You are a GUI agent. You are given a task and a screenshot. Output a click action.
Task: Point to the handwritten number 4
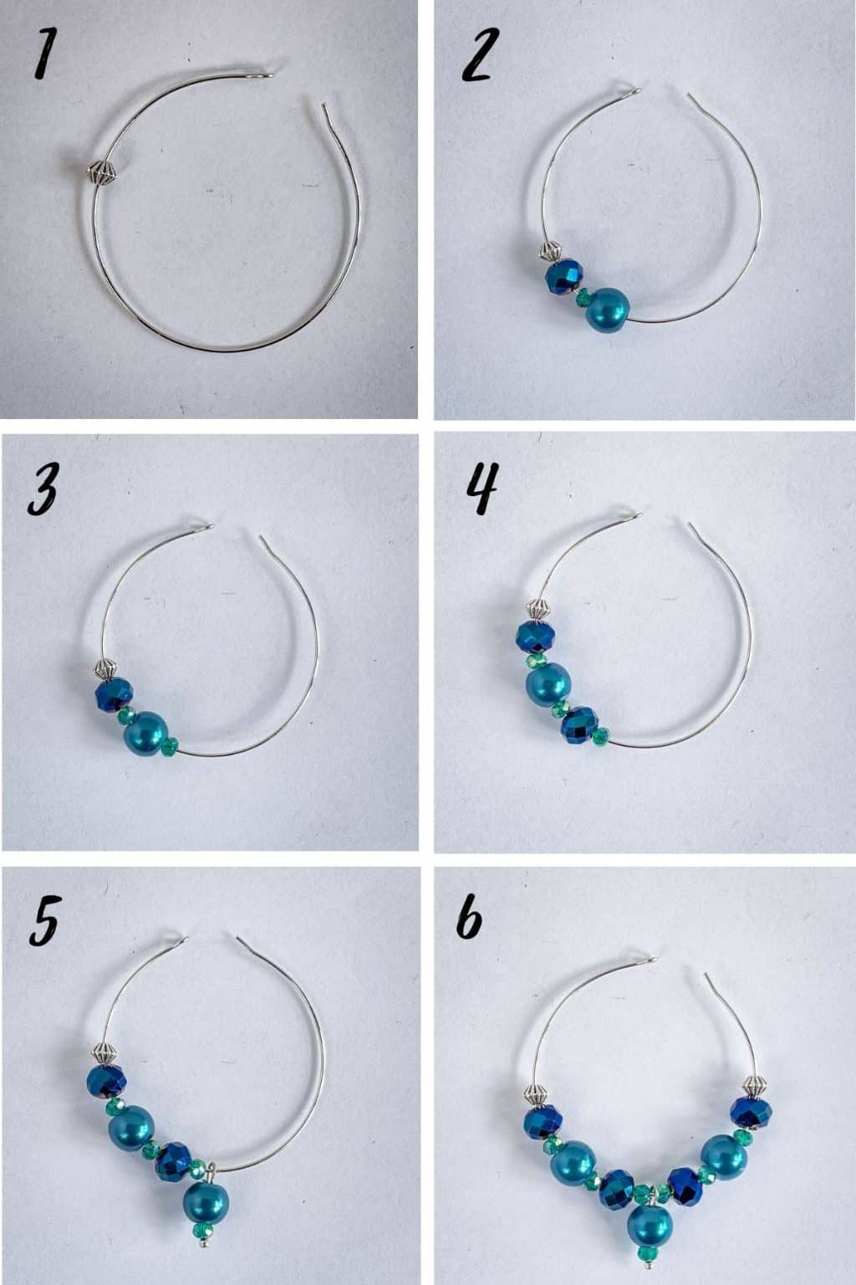pos(482,489)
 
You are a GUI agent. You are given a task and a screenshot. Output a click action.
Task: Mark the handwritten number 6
pos(470,923)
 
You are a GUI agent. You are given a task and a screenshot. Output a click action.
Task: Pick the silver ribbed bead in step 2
pos(548,251)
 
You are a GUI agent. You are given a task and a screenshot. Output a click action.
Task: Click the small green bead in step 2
pos(583,294)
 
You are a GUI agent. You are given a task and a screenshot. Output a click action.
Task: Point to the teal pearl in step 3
pos(144,733)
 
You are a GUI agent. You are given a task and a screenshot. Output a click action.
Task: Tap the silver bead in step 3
pos(103,669)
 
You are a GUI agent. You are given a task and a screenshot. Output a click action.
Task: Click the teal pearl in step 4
pos(548,685)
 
